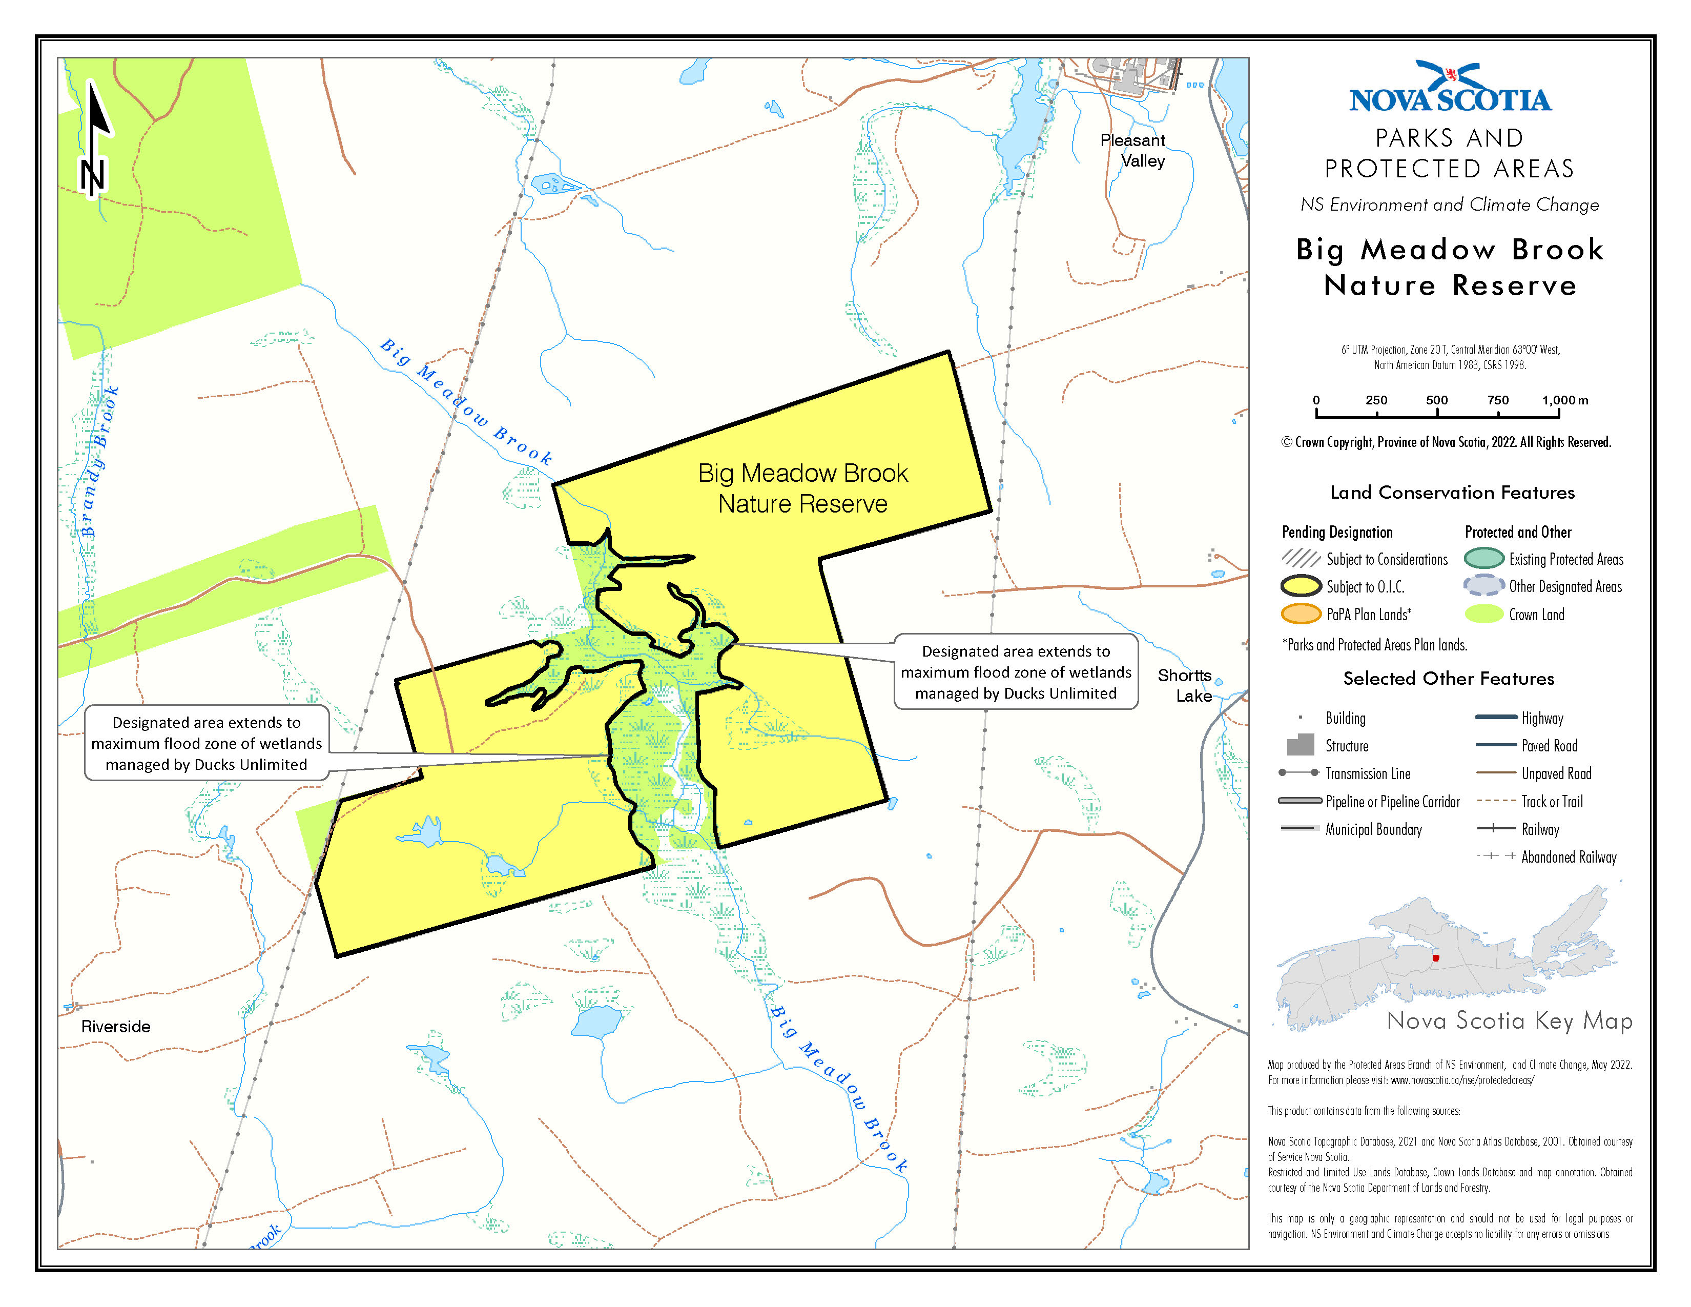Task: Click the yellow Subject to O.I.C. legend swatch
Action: point(1301,586)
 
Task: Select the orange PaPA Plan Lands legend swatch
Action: point(1301,614)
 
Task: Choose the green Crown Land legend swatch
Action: point(1483,614)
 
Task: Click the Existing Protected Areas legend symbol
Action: point(1483,558)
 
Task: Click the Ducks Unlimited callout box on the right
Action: point(1015,672)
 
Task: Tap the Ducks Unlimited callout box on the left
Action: point(206,743)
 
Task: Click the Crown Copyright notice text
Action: point(1446,442)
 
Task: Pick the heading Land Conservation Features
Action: point(1452,493)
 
